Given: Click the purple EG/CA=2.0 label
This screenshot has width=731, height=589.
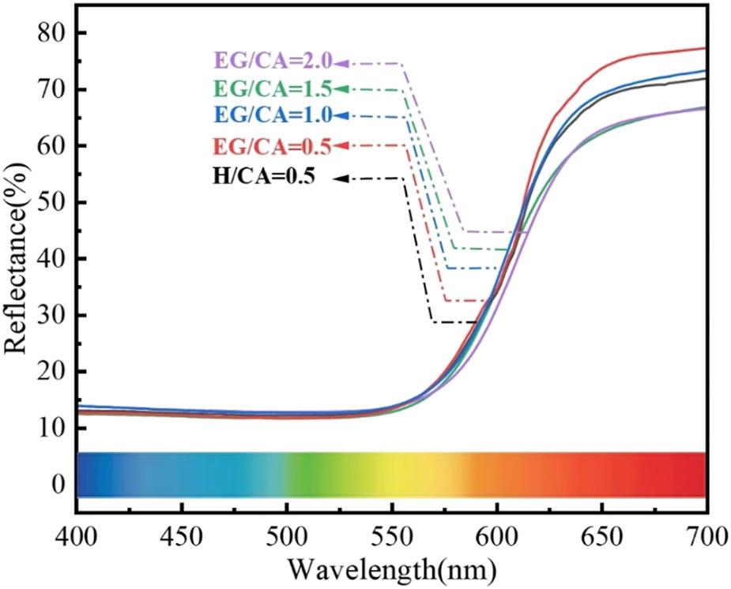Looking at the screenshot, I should (271, 62).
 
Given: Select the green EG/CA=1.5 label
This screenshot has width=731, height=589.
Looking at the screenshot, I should (271, 88).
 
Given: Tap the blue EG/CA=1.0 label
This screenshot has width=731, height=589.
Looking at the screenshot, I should (271, 116).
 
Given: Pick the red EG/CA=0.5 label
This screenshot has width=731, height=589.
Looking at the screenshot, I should (271, 145).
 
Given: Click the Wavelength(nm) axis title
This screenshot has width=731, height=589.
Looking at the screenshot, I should (392, 568).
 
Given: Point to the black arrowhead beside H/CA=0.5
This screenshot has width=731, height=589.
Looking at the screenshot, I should (339, 178).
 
